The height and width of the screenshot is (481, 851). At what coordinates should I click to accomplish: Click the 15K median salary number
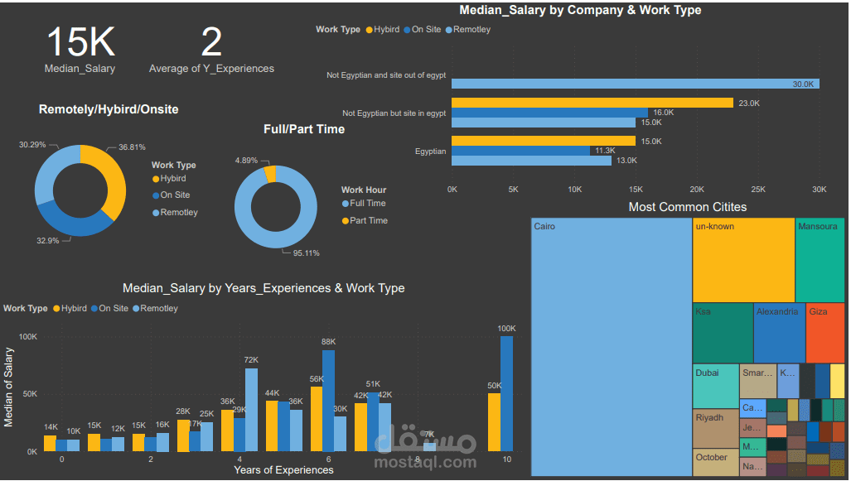[x=80, y=42]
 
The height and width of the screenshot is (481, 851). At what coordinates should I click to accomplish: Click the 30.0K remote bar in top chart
[x=635, y=84]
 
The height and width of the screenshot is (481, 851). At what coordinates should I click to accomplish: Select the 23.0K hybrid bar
[x=592, y=103]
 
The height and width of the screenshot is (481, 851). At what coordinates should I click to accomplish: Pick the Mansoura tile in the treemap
[x=820, y=259]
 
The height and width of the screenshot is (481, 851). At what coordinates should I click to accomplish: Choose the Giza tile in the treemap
[x=824, y=333]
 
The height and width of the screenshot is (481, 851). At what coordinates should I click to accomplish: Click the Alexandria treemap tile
[x=779, y=333]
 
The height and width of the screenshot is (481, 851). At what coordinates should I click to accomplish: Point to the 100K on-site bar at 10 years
[x=506, y=393]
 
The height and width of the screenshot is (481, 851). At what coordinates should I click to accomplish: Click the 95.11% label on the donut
[x=306, y=253]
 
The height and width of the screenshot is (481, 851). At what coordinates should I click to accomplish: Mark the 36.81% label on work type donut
[x=132, y=147]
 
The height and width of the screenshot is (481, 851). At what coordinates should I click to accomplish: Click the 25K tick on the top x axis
[x=757, y=190]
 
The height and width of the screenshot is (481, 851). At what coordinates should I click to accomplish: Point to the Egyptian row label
[x=430, y=152]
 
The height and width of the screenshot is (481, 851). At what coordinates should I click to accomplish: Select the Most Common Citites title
[x=687, y=207]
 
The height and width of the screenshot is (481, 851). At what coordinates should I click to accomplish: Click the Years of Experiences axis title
[x=283, y=470]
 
